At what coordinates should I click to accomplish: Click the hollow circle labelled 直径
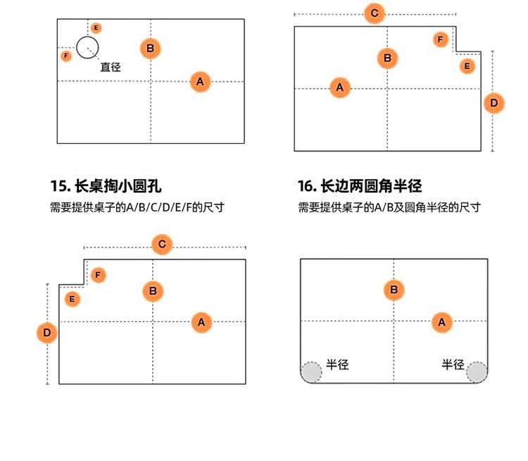(x=87, y=48)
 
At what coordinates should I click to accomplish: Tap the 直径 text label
(x=111, y=68)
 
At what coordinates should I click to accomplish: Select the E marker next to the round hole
(x=96, y=28)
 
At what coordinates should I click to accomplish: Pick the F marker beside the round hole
(x=66, y=56)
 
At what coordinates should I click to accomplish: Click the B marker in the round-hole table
(x=150, y=48)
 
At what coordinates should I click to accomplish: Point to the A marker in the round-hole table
(x=200, y=82)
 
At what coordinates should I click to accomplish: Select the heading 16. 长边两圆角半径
(x=360, y=186)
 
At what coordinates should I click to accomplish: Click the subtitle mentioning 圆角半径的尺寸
(x=389, y=207)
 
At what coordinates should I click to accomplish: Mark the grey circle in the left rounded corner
(x=311, y=371)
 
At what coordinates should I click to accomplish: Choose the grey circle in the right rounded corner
(x=477, y=371)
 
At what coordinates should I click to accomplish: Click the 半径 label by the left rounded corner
(x=337, y=364)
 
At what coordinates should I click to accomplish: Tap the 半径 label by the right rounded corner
(x=453, y=364)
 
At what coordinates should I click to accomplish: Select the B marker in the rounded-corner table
(x=394, y=289)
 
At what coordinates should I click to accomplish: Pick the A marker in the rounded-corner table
(x=441, y=322)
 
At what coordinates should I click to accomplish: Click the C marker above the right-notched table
(x=375, y=13)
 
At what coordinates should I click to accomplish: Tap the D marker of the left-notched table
(x=46, y=332)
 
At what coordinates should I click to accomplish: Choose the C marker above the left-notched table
(x=162, y=245)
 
